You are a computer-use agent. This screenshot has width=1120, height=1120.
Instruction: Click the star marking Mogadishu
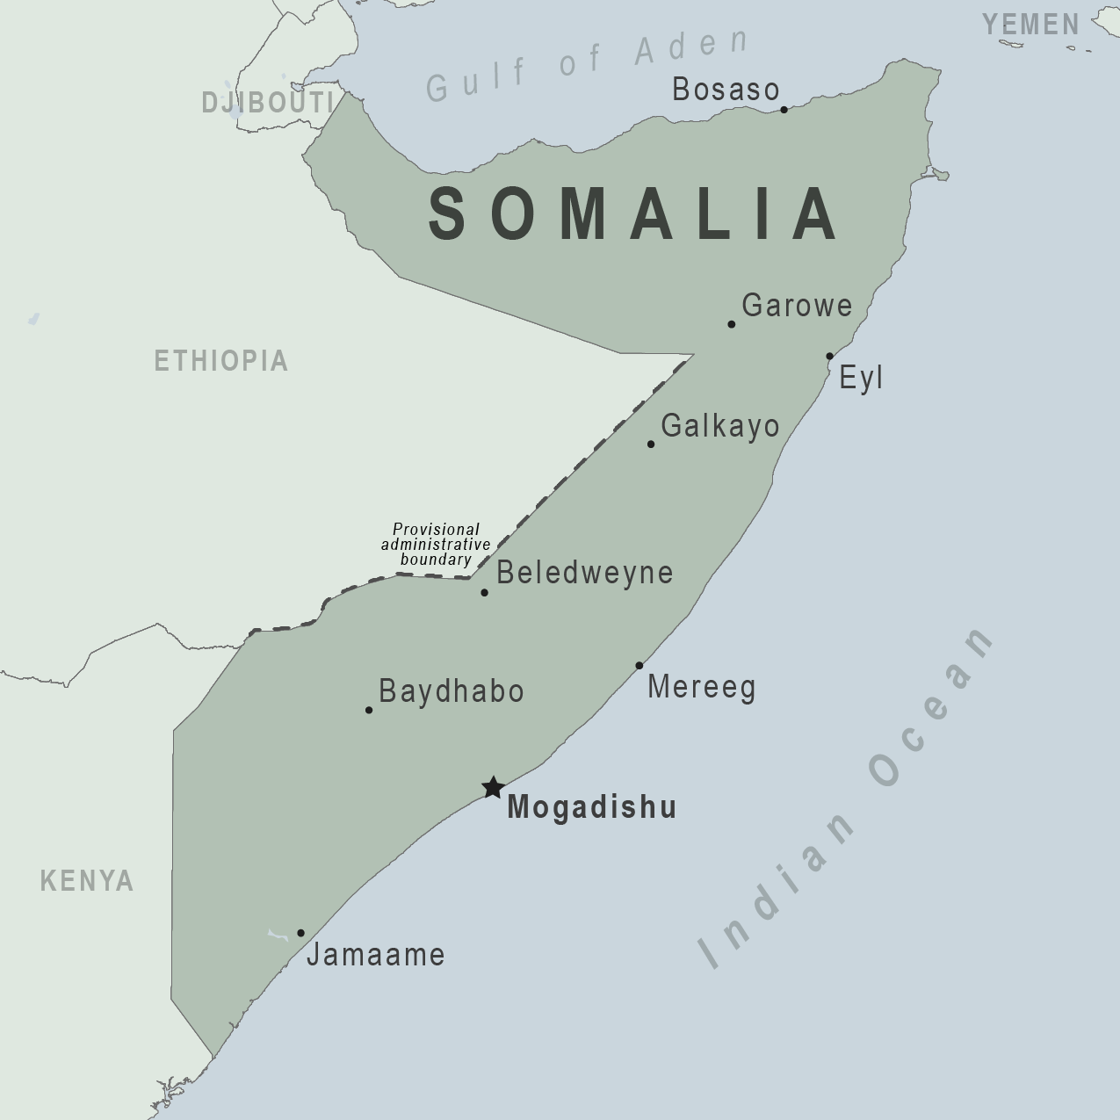click(493, 787)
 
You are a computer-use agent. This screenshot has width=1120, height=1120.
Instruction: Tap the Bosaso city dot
click(784, 110)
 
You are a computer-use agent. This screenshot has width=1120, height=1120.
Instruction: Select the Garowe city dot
click(732, 324)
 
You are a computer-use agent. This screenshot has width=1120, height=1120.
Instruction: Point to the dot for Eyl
click(829, 356)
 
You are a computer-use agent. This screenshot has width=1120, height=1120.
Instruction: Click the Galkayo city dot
click(651, 444)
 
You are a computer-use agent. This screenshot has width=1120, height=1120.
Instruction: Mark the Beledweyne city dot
click(484, 593)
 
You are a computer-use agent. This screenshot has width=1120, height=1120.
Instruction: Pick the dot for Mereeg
click(639, 666)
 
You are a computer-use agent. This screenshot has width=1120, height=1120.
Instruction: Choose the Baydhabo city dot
click(369, 710)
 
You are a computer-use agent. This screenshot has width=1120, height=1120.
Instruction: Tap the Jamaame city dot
click(300, 933)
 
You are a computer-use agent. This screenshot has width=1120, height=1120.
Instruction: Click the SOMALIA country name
click(632, 214)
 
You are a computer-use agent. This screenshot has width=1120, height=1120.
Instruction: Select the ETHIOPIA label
click(221, 361)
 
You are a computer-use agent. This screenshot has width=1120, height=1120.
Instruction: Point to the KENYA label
click(87, 880)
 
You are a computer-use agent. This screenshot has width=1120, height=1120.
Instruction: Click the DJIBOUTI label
click(267, 103)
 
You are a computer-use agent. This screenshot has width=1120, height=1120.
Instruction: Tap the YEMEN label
click(1031, 25)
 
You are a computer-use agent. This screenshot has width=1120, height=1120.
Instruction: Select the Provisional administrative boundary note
click(436, 545)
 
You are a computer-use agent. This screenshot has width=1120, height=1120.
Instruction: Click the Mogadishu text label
click(592, 807)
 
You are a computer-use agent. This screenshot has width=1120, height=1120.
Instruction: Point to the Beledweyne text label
click(585, 573)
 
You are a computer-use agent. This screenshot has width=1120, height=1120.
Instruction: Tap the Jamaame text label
click(376, 955)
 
